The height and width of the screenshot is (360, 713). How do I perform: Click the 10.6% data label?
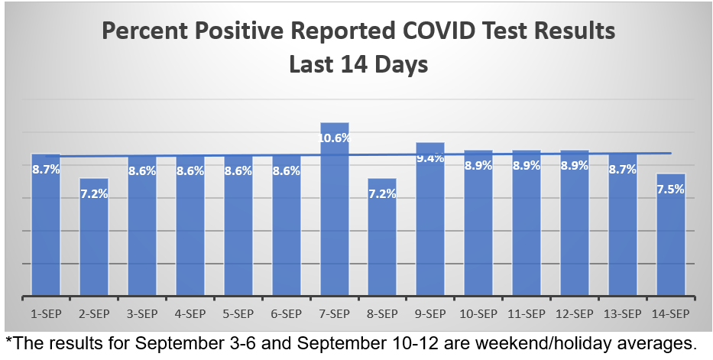click(x=334, y=138)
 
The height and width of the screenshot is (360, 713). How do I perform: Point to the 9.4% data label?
click(x=430, y=158)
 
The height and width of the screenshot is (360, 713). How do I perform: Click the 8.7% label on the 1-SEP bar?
click(x=46, y=170)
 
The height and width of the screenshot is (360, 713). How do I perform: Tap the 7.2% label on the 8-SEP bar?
click(x=382, y=194)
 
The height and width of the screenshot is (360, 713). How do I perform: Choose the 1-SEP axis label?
click(x=46, y=314)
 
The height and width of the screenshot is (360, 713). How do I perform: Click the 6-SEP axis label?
click(x=286, y=314)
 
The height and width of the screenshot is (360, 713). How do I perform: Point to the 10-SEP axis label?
click(x=478, y=314)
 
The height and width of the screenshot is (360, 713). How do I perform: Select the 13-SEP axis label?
click(x=622, y=314)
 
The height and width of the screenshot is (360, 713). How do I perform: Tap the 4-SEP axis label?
click(x=190, y=314)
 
